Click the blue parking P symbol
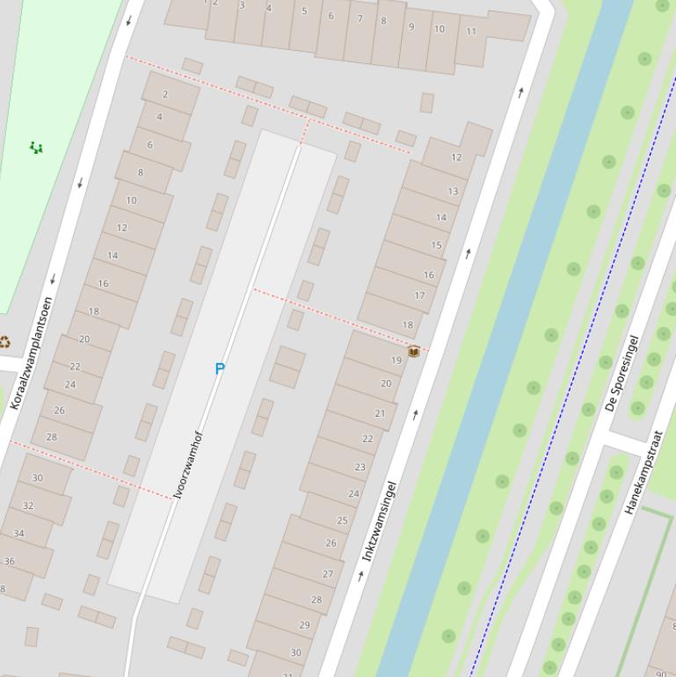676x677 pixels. [x=220, y=368]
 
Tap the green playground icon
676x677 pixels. [x=36, y=148]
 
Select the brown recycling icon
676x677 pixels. [x=4, y=342]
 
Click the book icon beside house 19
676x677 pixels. [x=413, y=352]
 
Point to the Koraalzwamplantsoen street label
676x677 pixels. [x=32, y=353]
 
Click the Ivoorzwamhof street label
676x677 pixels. [x=189, y=465]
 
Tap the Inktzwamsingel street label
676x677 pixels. [x=380, y=521]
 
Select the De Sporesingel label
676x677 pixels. [x=621, y=374]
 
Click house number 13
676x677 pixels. [x=453, y=191]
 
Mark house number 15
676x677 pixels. [x=437, y=245]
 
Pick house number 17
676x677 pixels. [x=419, y=295]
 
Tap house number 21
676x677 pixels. [x=380, y=413]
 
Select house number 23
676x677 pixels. [x=360, y=467]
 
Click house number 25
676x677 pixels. [x=342, y=520]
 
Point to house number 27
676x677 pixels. [x=328, y=573]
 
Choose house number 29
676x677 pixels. [x=304, y=625]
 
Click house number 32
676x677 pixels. [x=28, y=506]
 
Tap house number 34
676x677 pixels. [x=19, y=533]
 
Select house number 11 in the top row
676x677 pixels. [x=471, y=32]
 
